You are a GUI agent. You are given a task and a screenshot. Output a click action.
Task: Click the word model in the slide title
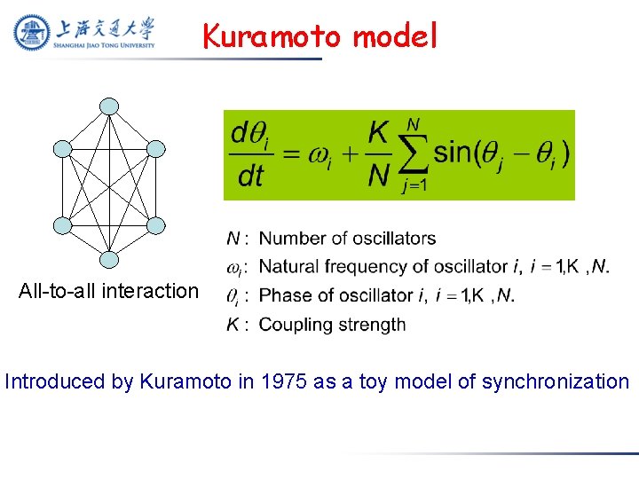395,36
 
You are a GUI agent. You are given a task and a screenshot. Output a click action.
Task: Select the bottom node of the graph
108,259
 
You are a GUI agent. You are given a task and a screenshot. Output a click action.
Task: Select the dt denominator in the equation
251,176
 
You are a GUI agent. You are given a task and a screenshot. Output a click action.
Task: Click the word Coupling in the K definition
292,325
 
